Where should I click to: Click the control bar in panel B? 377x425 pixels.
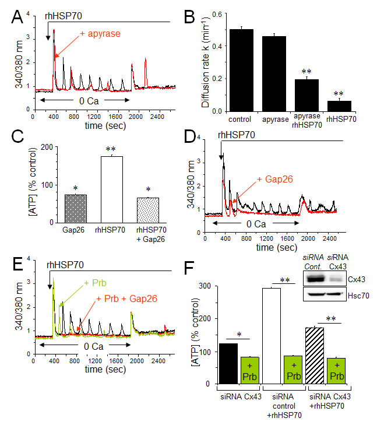click(241, 70)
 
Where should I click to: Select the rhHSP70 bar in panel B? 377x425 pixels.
click(339, 106)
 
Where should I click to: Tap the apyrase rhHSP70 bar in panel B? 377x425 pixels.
click(306, 95)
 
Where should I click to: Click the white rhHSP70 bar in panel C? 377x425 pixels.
click(112, 189)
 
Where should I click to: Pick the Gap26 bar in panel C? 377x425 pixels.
click(76, 209)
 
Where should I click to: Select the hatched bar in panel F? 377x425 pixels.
click(315, 356)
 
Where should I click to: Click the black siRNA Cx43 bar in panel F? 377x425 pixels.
click(228, 363)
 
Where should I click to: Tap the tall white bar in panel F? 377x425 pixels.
click(272, 336)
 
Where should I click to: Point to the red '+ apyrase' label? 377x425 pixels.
click(100, 34)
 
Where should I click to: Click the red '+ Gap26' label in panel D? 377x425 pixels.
click(275, 179)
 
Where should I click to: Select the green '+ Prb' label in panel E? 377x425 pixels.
click(96, 283)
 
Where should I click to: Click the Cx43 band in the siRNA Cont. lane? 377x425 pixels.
click(315, 279)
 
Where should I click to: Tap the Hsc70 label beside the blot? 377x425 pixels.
click(358, 296)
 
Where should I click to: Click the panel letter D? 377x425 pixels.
click(190, 136)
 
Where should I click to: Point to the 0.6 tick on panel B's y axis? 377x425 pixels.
click(217, 14)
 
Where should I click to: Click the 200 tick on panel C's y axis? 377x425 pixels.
click(47, 147)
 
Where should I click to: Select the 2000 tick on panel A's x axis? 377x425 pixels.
click(135, 117)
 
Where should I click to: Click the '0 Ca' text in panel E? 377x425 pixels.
click(94, 346)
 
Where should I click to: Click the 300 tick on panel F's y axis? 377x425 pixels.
click(205, 286)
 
